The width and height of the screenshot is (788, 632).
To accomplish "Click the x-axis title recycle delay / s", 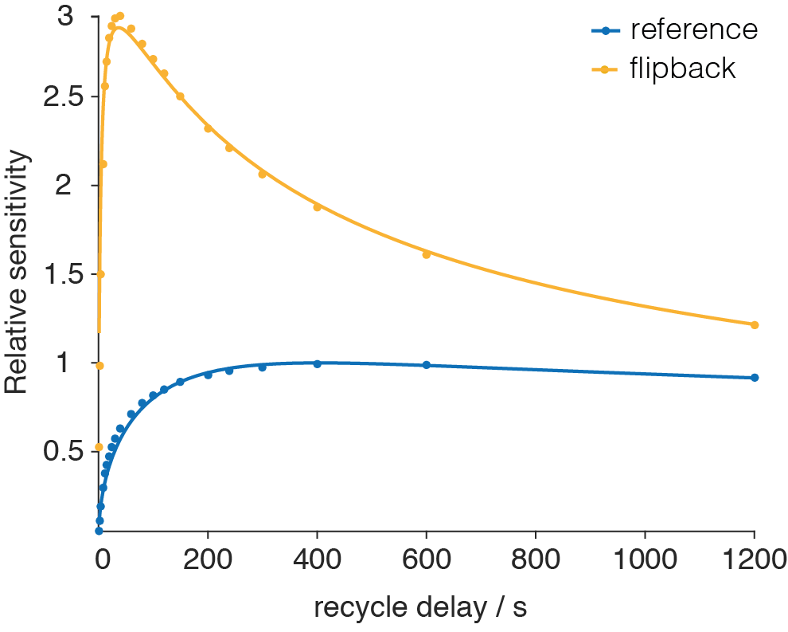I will (420, 608).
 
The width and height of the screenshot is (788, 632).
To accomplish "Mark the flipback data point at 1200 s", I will (755, 324).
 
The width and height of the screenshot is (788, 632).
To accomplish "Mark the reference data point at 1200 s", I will (755, 377).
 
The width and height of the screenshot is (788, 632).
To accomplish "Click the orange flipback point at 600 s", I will (426, 254).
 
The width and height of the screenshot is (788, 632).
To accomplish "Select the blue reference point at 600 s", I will (426, 365).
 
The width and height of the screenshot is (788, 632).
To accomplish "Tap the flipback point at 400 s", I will (317, 207).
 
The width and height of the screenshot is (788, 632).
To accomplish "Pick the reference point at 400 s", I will (317, 363).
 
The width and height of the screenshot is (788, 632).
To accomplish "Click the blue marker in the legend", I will (606, 31).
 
